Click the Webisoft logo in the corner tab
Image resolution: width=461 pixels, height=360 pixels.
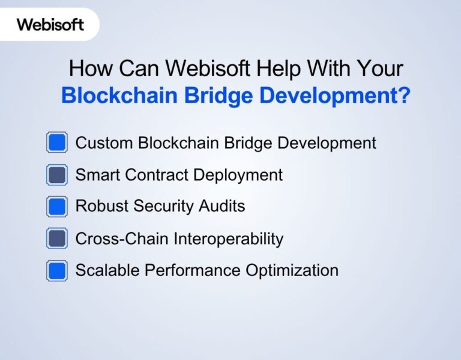[x=50, y=25]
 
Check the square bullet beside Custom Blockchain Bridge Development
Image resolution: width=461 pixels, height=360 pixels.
[x=57, y=143]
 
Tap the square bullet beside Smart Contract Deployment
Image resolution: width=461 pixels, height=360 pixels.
[x=57, y=175]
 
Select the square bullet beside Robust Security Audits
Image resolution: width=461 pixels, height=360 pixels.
[x=57, y=207]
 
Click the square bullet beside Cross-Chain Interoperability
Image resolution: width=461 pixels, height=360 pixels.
[x=57, y=239]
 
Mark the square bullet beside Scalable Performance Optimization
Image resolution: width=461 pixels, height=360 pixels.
[x=57, y=271]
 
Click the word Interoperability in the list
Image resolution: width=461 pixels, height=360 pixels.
[x=229, y=239]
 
